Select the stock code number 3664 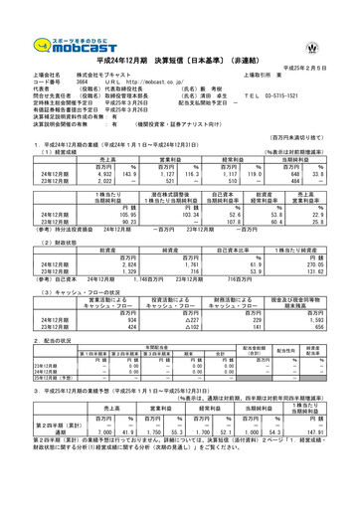(x=69, y=80)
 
